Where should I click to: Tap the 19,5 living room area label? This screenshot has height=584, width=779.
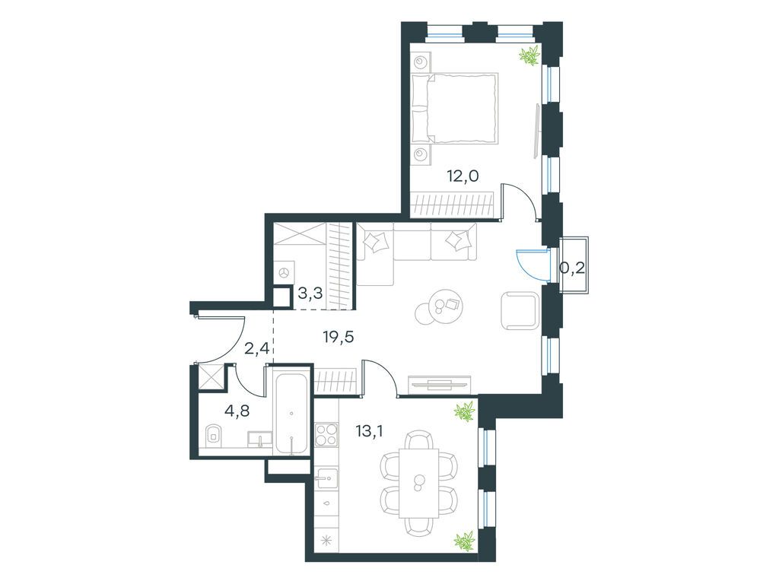(x=338, y=337)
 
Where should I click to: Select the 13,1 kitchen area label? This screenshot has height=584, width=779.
(x=370, y=430)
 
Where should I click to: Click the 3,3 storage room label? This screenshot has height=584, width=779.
(x=310, y=294)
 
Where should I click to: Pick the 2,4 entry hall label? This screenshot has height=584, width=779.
(x=256, y=348)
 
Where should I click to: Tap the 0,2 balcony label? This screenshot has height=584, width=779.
(x=572, y=268)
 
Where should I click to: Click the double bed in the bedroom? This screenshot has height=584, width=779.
(x=456, y=109)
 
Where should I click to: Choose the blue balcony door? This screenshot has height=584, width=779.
(x=532, y=262)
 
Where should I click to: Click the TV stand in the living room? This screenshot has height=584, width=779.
(x=439, y=383)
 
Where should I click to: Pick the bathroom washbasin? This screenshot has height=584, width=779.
(x=260, y=439)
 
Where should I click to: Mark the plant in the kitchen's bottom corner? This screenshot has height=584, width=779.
(x=466, y=541)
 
